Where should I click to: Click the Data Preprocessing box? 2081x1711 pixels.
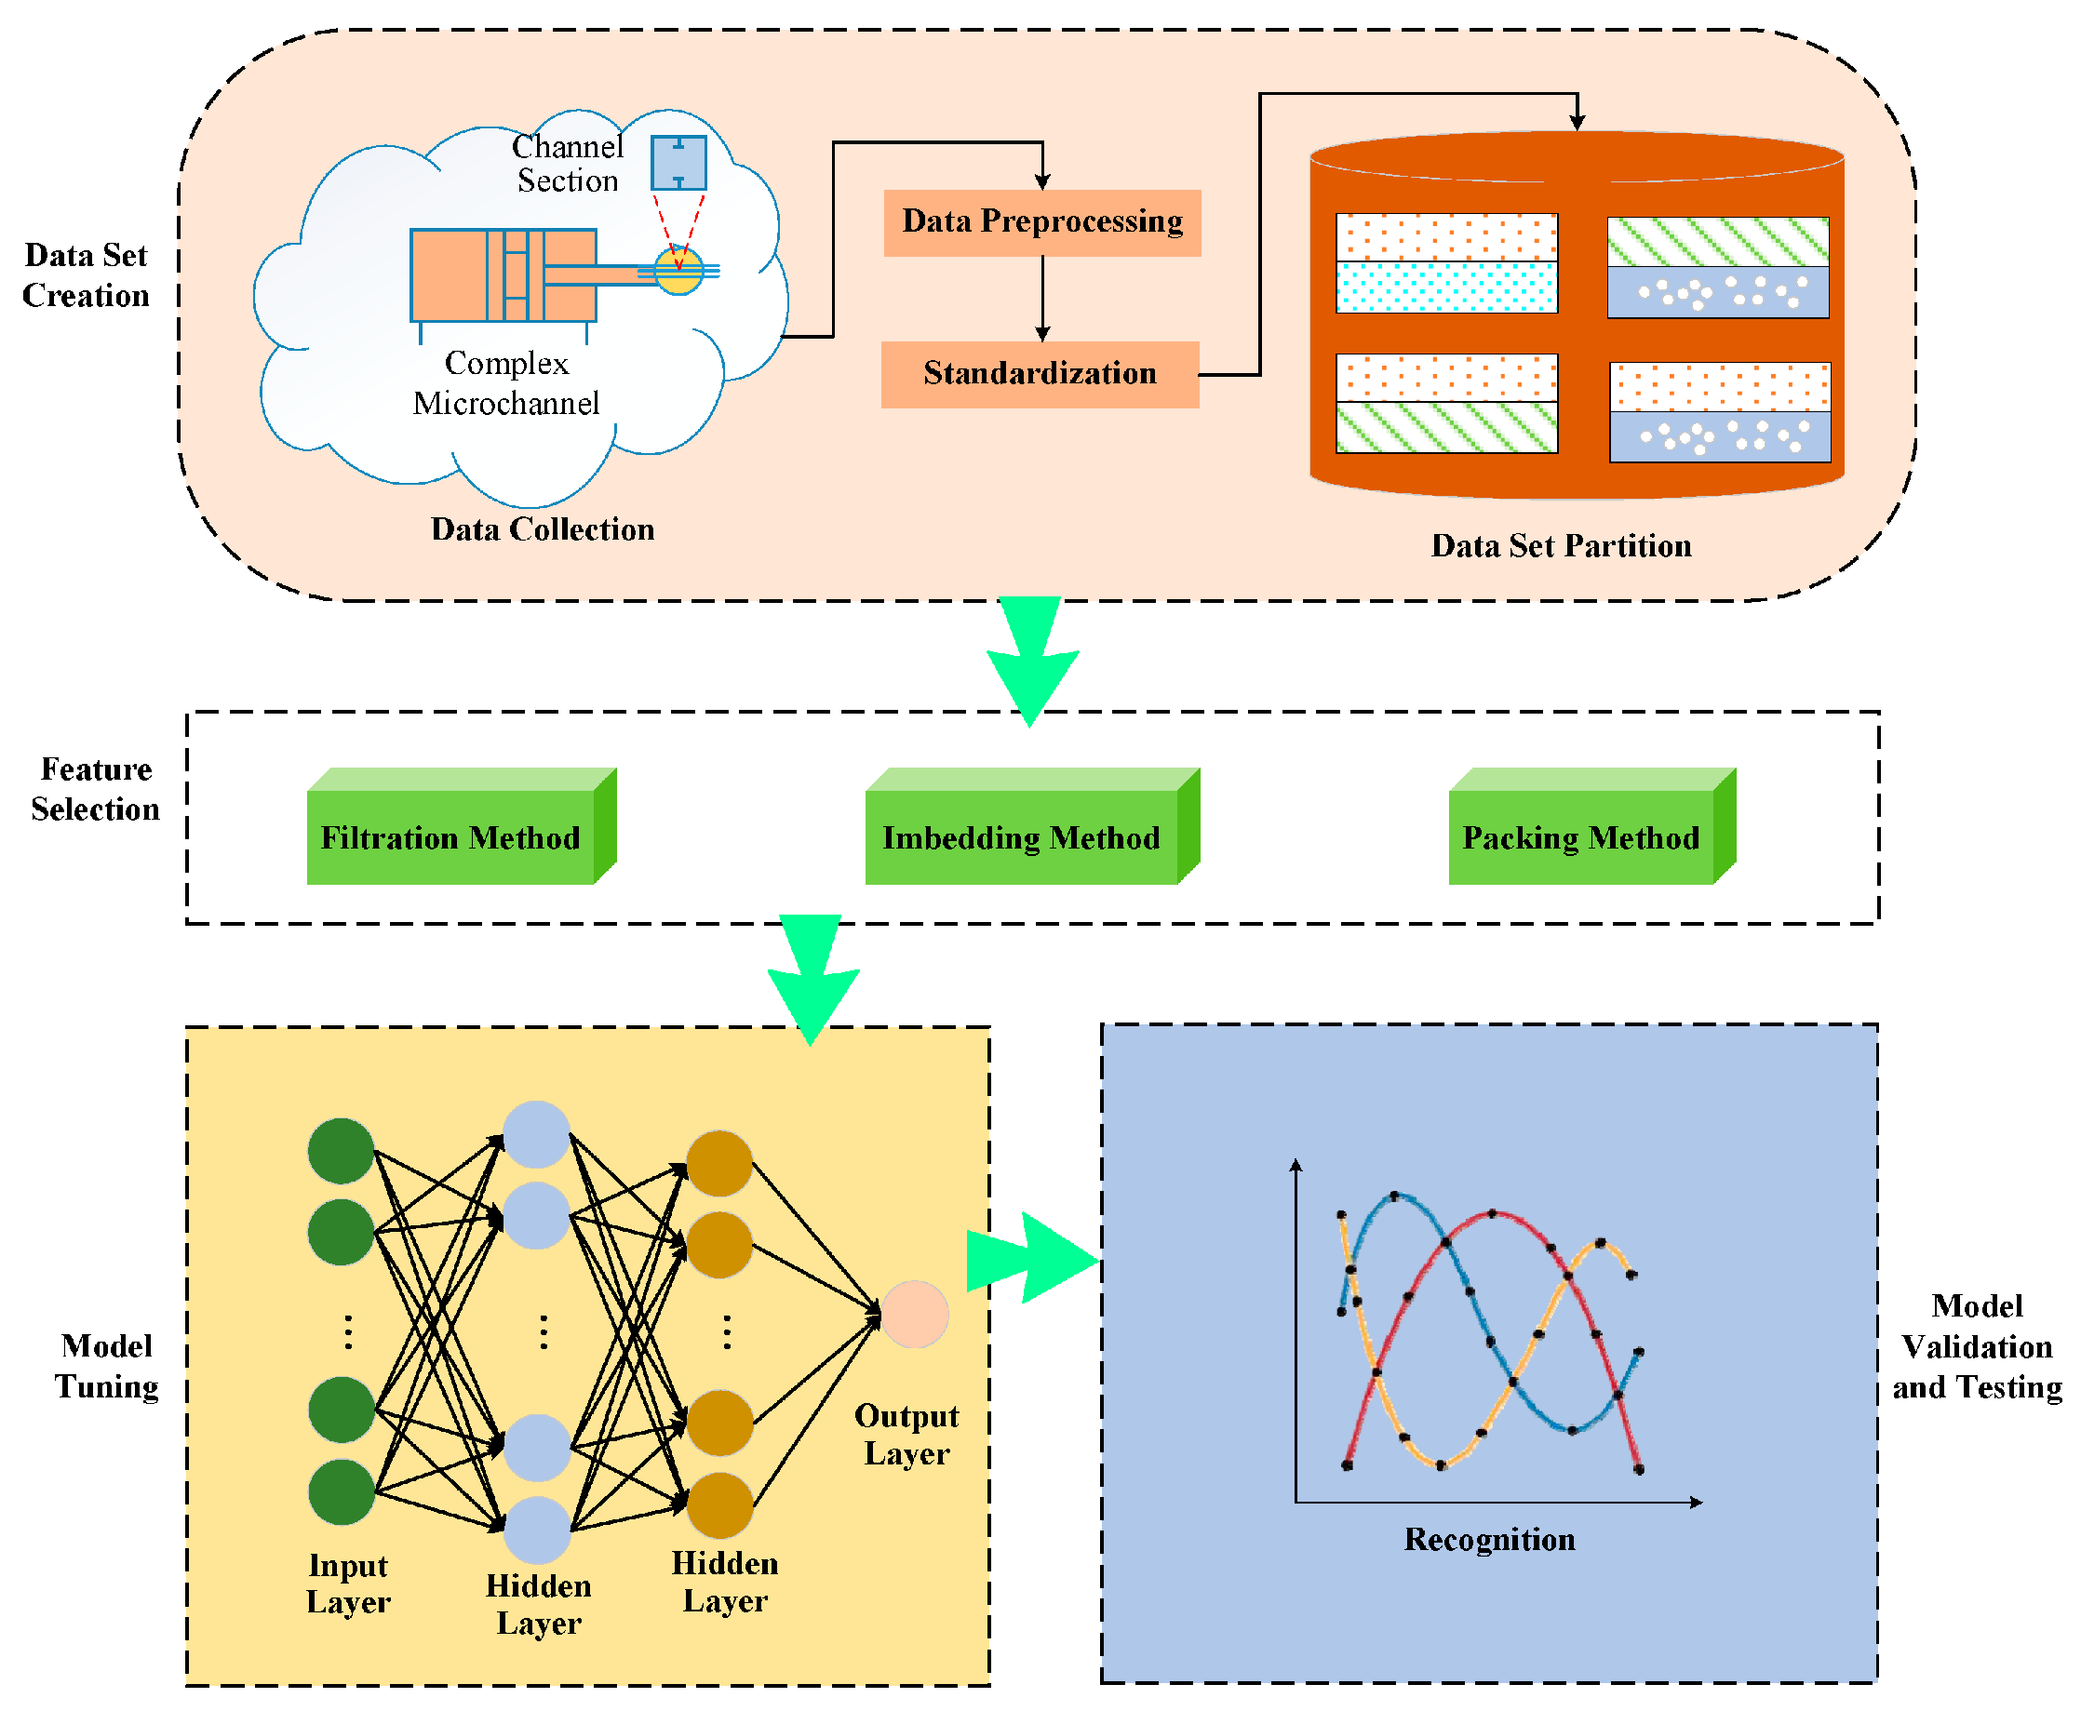coord(1042,222)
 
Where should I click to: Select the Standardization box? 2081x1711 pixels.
coord(1040,375)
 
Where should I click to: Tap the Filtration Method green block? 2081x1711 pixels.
coord(462,826)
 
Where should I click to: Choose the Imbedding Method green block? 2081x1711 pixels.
coord(1032,826)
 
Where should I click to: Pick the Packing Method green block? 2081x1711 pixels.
coord(1592,826)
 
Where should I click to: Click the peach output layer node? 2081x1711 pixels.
coord(915,1315)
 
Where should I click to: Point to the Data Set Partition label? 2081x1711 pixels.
coord(1562,546)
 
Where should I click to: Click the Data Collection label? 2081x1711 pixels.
coord(543,529)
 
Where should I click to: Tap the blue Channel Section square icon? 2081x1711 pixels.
coord(678,163)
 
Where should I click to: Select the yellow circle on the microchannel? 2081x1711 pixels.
coord(679,270)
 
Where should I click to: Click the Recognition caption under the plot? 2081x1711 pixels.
coord(1489,1541)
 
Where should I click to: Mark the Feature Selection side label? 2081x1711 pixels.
coord(96,788)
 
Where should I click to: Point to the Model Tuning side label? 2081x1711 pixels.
coord(106,1366)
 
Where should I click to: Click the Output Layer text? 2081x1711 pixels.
coord(906,1434)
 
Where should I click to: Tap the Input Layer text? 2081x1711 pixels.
coord(348,1584)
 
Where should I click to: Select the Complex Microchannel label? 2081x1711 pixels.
coord(505,383)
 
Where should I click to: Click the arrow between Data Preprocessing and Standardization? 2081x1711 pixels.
coord(1043,299)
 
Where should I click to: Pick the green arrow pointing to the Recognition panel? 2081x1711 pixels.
coord(1032,1259)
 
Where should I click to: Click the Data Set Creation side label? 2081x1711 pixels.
coord(86,275)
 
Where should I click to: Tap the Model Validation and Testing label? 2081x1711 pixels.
coord(1978,1347)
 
